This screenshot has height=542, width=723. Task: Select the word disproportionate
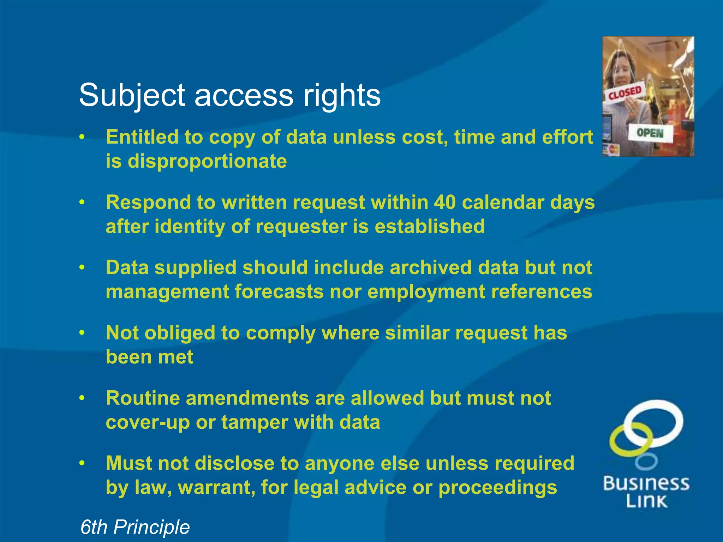(207, 161)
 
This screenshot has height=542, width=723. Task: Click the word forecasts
(279, 292)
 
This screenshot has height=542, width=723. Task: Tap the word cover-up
(148, 422)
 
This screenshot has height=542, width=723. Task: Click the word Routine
(143, 398)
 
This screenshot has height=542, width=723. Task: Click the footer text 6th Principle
(135, 527)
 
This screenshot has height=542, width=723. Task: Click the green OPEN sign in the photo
(650, 133)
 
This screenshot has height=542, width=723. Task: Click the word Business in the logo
(646, 483)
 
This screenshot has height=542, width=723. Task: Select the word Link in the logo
(646, 501)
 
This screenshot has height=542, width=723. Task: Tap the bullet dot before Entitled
(82, 137)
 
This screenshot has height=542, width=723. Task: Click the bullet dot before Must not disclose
(82, 463)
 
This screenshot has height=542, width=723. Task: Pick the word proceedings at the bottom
(497, 488)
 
